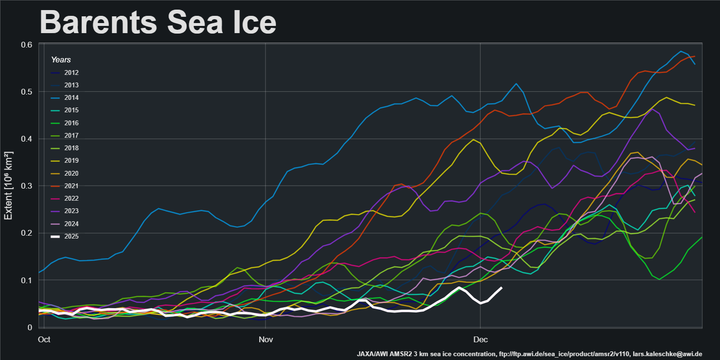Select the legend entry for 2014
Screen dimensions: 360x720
click(72, 98)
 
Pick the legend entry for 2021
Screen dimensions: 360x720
click(72, 186)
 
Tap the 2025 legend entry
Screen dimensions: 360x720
click(72, 236)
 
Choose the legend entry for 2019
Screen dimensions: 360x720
click(72, 161)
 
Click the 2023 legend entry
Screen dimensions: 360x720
click(72, 211)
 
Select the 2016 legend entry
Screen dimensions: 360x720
click(72, 123)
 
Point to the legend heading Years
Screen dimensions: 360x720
click(61, 60)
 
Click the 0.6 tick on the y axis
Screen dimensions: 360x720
click(26, 45)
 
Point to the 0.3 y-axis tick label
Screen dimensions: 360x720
click(26, 186)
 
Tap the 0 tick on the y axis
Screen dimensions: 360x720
click(30, 327)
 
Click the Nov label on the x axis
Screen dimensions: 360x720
click(265, 339)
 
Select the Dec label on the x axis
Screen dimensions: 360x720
click(480, 339)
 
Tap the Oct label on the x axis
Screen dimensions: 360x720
click(44, 339)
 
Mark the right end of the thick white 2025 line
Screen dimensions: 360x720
click(502, 288)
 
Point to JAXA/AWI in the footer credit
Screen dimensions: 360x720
click(372, 354)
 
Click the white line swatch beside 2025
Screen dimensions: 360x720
click(56, 236)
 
